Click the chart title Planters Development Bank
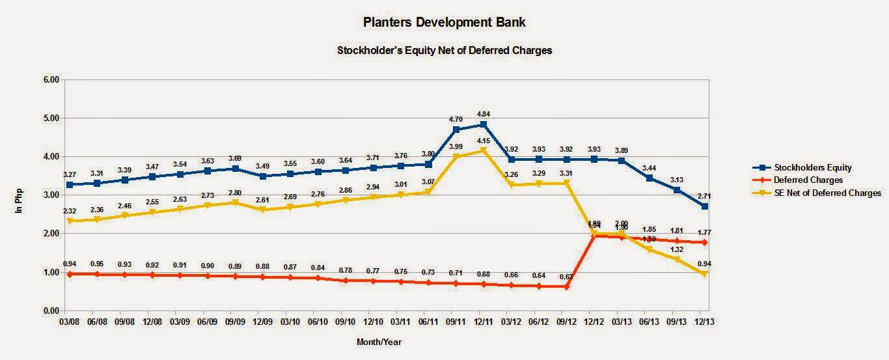(x=444, y=22)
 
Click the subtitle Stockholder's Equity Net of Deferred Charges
(x=444, y=50)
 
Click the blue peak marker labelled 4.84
(x=484, y=124)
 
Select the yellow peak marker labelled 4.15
(x=484, y=151)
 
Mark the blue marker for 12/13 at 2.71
(x=704, y=206)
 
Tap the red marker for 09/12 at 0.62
(x=566, y=286)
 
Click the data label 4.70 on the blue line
(x=456, y=120)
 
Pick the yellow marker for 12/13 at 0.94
(x=704, y=275)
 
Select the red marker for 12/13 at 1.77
(x=704, y=242)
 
